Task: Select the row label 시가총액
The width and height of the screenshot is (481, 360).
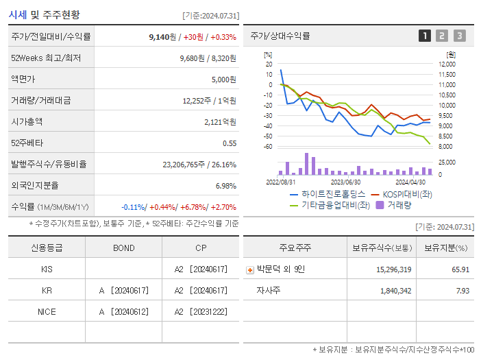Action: pyautogui.click(x=27, y=122)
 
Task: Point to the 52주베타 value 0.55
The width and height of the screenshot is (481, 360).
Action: pyautogui.click(x=230, y=143)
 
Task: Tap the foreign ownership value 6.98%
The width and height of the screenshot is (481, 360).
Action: pyautogui.click(x=225, y=186)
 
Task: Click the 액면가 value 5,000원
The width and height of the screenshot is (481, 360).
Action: pyautogui.click(x=223, y=80)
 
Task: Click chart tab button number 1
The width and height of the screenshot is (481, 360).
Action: pyautogui.click(x=425, y=36)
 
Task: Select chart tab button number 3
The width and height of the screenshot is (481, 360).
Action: pyautogui.click(x=459, y=36)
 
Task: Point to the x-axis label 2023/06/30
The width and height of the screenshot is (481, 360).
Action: pyautogui.click(x=345, y=182)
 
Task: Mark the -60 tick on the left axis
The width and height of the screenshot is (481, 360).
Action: pyautogui.click(x=269, y=147)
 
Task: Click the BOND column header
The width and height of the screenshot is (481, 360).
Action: pyautogui.click(x=123, y=248)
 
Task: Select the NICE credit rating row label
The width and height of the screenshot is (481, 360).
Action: pyautogui.click(x=47, y=311)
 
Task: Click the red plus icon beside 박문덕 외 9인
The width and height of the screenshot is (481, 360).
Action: pyautogui.click(x=249, y=270)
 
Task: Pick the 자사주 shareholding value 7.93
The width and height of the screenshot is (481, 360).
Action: pyautogui.click(x=460, y=291)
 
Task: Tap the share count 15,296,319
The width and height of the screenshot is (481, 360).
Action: pyautogui.click(x=394, y=269)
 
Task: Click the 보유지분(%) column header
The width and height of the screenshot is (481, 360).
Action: pyautogui.click(x=445, y=248)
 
